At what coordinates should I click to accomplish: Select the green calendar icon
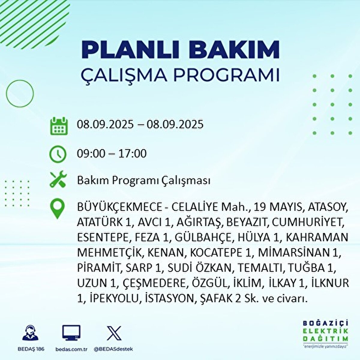point(58,125)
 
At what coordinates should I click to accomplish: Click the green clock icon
point(58,154)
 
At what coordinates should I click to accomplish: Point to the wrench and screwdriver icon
point(58,180)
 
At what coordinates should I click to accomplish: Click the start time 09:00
point(91,154)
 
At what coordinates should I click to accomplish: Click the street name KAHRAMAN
point(317,237)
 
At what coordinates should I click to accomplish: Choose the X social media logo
point(114,333)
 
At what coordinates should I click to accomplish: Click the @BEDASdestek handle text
point(113,349)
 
